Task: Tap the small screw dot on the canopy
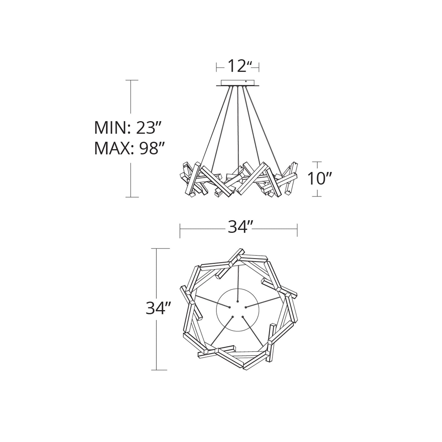246,81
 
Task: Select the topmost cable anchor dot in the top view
238,301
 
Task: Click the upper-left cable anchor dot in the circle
230,307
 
